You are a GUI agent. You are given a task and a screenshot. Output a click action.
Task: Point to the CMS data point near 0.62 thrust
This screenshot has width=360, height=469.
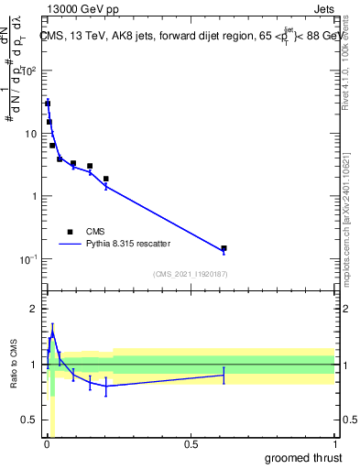[224, 248]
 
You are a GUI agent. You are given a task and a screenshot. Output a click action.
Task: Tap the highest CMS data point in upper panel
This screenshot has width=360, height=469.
[48, 104]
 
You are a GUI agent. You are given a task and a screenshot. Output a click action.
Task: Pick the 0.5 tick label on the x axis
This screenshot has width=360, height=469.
[191, 444]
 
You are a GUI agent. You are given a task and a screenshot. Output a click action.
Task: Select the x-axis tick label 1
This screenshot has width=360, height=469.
[333, 444]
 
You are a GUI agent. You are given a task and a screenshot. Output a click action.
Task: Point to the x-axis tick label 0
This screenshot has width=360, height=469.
[47, 444]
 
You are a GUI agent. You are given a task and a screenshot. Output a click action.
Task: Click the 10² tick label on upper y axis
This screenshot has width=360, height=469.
[27, 71]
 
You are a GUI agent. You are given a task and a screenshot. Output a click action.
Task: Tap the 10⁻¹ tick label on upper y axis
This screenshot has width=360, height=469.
[27, 258]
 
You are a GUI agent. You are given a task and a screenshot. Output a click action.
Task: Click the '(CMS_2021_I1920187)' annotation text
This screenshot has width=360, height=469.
[190, 274]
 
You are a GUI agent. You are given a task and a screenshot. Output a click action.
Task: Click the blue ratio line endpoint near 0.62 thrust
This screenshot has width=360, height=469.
[224, 375]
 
